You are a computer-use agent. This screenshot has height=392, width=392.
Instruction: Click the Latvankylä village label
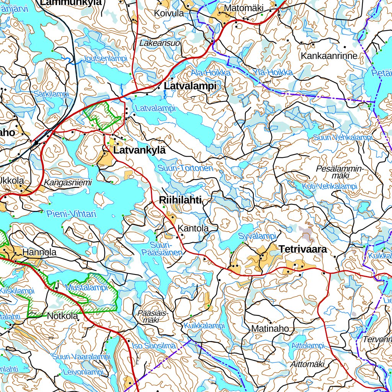(x=139, y=150)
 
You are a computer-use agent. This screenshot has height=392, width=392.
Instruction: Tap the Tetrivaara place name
(x=303, y=249)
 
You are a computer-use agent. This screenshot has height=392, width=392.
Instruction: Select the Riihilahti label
(x=180, y=200)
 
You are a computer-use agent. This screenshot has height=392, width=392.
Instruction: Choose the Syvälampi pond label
(x=257, y=236)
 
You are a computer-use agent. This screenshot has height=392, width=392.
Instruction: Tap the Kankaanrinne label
(x=329, y=56)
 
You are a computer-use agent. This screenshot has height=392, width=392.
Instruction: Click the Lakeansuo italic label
(x=160, y=43)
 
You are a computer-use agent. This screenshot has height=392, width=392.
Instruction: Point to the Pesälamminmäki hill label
(x=339, y=172)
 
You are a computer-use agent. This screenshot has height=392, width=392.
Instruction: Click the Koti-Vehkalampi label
(x=329, y=186)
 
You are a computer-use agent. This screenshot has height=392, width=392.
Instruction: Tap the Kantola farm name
(x=193, y=229)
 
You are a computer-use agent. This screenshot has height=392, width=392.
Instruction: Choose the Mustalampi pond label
(x=82, y=287)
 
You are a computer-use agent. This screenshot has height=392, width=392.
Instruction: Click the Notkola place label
(x=62, y=316)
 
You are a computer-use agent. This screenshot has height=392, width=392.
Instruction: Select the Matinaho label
(x=270, y=328)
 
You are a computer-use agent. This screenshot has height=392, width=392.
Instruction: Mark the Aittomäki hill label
(x=307, y=364)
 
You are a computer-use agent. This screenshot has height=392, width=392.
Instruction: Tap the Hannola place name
(x=39, y=253)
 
